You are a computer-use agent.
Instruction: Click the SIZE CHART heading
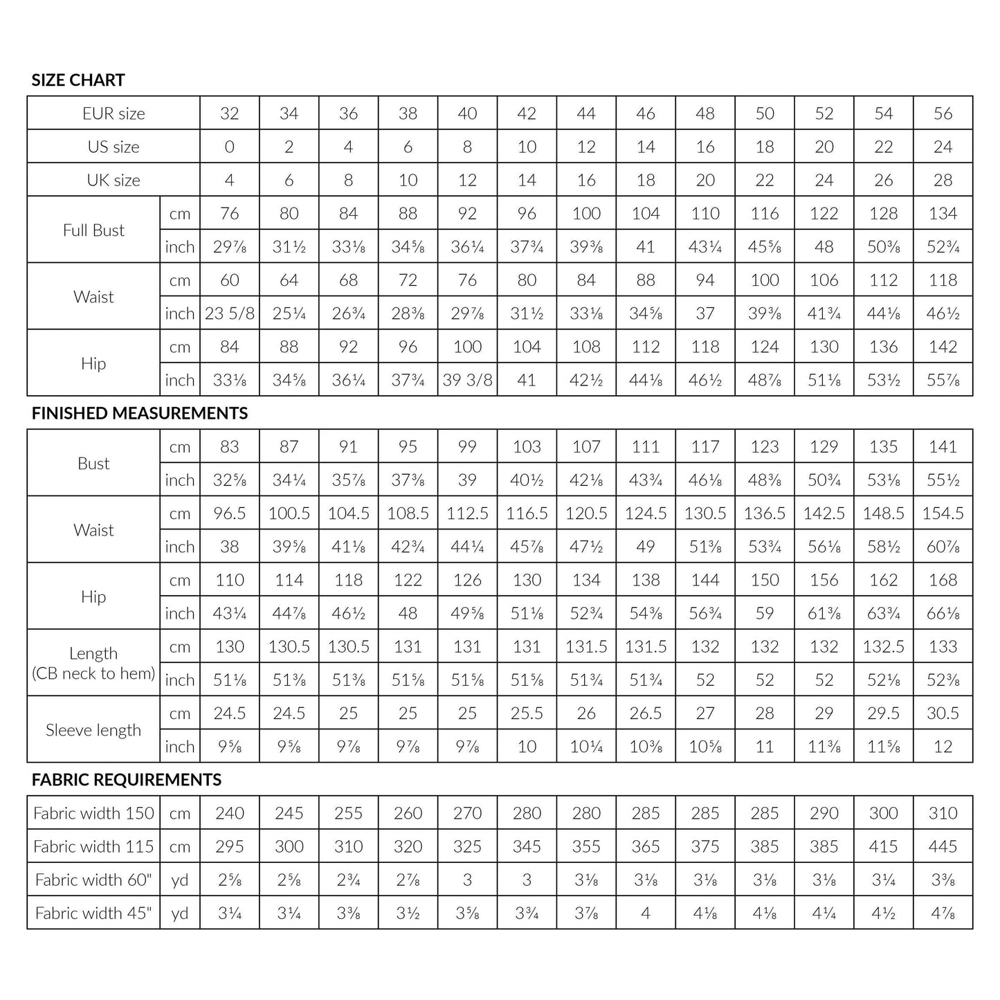click(x=78, y=80)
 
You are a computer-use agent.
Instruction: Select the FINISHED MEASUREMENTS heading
click(x=140, y=413)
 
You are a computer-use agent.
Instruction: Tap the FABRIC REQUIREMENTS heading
click(x=127, y=780)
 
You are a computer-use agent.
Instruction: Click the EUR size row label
click(x=113, y=113)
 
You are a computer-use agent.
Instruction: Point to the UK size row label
click(x=113, y=181)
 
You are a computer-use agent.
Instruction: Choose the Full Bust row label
click(x=93, y=230)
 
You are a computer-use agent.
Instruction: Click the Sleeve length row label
click(x=93, y=730)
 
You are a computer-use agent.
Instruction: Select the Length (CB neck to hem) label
click(x=93, y=663)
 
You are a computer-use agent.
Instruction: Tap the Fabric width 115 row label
click(x=93, y=846)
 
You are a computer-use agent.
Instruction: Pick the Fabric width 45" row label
click(x=93, y=913)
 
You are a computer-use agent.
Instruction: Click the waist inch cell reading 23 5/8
click(x=230, y=313)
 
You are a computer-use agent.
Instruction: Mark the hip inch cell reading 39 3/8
click(x=467, y=380)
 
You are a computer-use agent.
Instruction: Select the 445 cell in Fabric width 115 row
click(x=943, y=846)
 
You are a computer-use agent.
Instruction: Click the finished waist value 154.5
click(x=943, y=513)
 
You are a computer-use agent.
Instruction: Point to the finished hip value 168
click(x=943, y=580)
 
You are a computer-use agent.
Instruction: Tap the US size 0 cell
click(x=230, y=147)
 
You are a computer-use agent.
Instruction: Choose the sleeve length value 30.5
click(x=943, y=713)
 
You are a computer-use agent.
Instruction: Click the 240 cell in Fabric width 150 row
click(x=230, y=813)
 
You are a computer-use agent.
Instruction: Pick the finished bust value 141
click(x=943, y=447)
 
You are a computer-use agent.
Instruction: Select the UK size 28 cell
click(x=943, y=181)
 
